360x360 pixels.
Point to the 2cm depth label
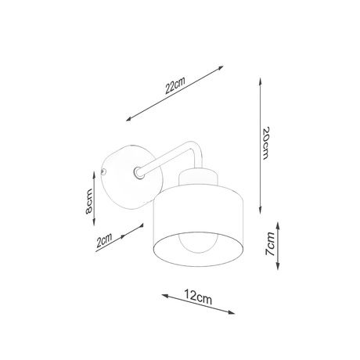[x=103, y=241]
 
